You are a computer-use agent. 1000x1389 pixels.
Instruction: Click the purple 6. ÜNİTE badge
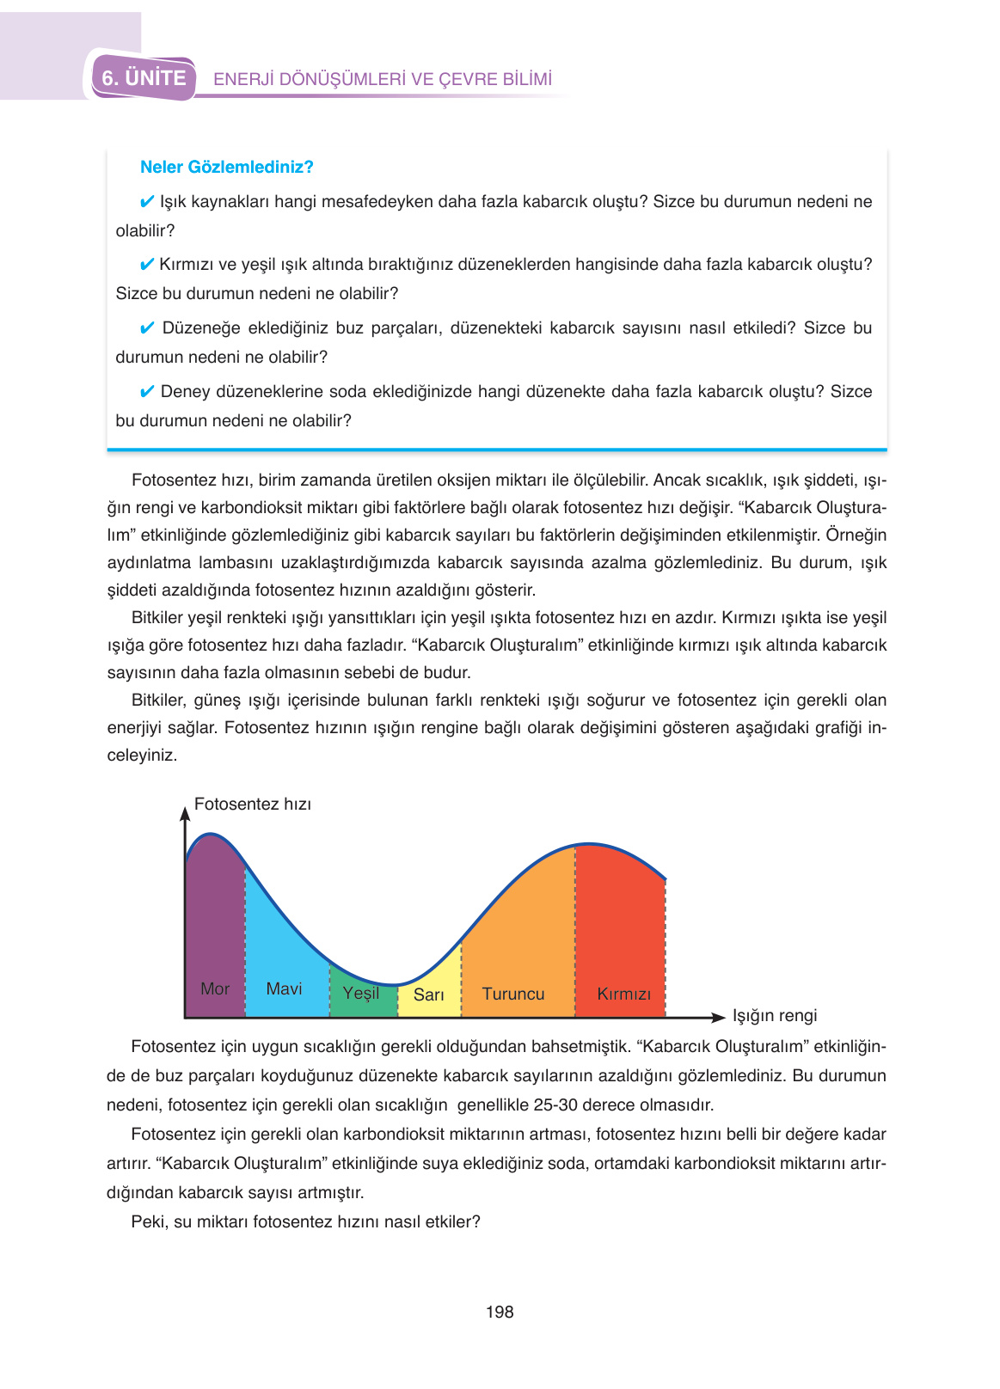[144, 78]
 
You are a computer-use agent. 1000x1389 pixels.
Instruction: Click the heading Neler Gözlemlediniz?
[226, 167]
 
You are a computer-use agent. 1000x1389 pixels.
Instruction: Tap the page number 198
[500, 1312]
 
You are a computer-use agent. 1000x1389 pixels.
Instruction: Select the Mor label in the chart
[215, 988]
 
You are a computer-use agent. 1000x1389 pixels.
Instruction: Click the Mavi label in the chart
[284, 988]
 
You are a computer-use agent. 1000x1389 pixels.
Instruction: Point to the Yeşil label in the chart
[361, 993]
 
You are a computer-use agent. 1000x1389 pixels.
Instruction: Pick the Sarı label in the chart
[428, 994]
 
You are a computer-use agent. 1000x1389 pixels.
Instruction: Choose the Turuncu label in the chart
[513, 994]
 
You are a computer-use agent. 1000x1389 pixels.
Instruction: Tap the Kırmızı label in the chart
[623, 994]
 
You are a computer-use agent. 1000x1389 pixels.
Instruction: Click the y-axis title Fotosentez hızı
[253, 804]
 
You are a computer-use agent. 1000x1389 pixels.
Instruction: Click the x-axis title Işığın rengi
[774, 1015]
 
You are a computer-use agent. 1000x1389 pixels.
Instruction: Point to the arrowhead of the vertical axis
[185, 812]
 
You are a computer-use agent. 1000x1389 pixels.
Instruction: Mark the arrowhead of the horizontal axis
[719, 1018]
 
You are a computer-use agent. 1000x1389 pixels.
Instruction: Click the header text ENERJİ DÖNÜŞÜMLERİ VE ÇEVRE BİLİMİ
[383, 79]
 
